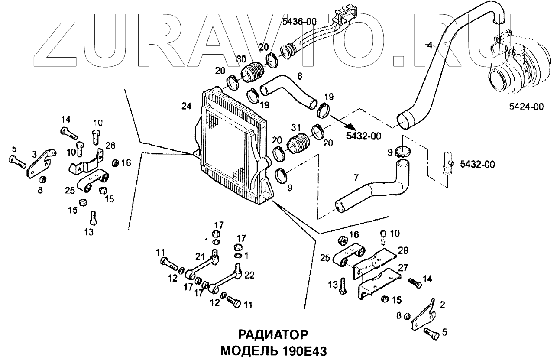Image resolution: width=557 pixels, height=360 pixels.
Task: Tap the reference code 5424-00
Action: click(526, 107)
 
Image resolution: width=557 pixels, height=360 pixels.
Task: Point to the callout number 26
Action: click(110, 144)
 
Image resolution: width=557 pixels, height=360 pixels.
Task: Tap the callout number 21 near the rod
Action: click(199, 256)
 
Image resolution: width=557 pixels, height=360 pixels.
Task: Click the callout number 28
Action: click(402, 251)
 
